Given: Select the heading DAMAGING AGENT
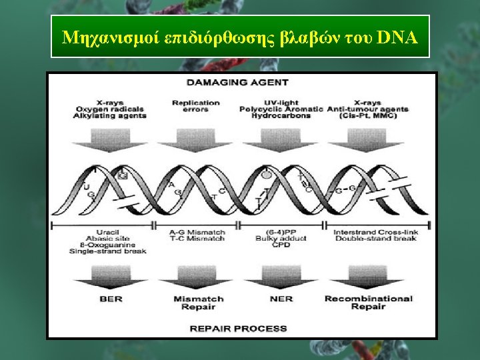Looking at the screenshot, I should tap(237, 83).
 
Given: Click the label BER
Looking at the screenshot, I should tap(111, 299).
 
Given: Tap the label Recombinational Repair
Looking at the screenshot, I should tap(369, 303).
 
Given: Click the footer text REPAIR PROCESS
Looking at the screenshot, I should tap(239, 329).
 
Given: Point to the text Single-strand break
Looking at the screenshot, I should tap(110, 252).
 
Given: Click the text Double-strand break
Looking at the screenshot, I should tap(371, 239).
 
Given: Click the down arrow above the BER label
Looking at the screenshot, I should tap(111, 274).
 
